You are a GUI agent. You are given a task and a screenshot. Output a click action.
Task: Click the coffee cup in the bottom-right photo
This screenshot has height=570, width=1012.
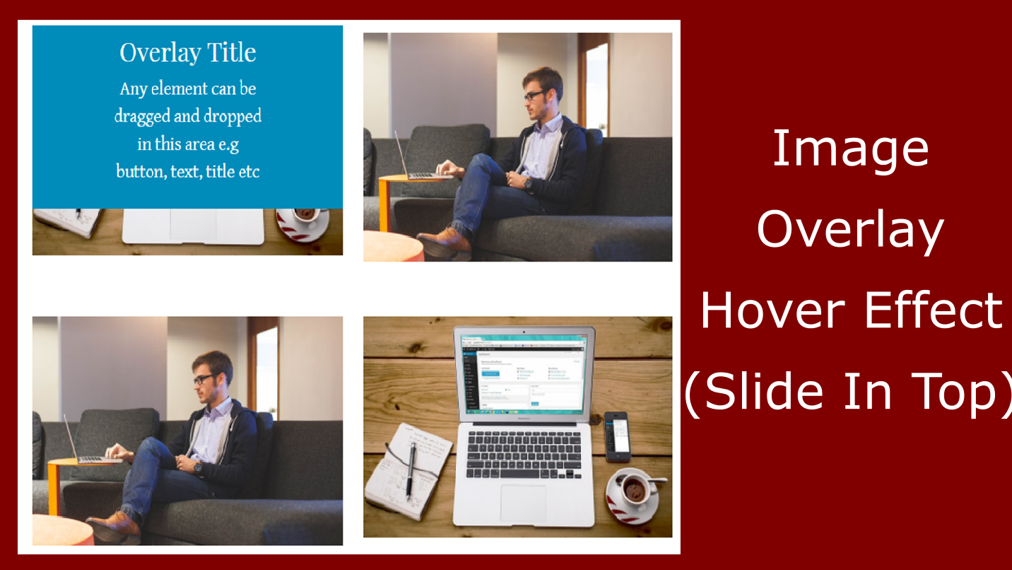coord(634,489)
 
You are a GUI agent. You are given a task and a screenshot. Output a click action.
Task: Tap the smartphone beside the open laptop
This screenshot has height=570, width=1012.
coord(617,436)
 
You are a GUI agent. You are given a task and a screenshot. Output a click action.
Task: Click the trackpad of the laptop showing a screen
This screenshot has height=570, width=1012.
coord(524,502)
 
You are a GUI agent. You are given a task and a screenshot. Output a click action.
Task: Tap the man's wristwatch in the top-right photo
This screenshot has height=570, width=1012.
coord(528,182)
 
